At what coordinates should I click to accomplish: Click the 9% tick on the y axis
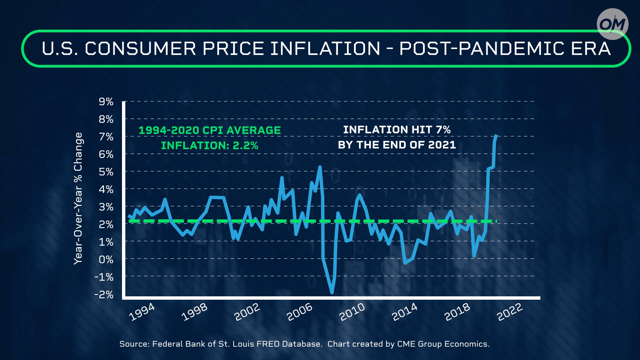106,102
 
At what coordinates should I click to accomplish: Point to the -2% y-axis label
104,295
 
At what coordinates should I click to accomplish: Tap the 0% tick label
106,259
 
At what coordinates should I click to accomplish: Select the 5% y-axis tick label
106,172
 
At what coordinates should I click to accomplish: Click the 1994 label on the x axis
142,312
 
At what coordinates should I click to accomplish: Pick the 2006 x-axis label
300,312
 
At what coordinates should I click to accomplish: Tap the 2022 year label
510,312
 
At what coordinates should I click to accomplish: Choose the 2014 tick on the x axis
405,312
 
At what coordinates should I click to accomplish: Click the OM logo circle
612,24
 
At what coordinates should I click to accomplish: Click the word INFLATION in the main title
325,49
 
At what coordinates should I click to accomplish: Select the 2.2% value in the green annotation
245,146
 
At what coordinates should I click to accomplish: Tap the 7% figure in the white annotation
443,130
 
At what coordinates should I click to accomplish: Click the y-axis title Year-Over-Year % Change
78,199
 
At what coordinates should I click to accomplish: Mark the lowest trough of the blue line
332,293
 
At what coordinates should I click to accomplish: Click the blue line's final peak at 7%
496,136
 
